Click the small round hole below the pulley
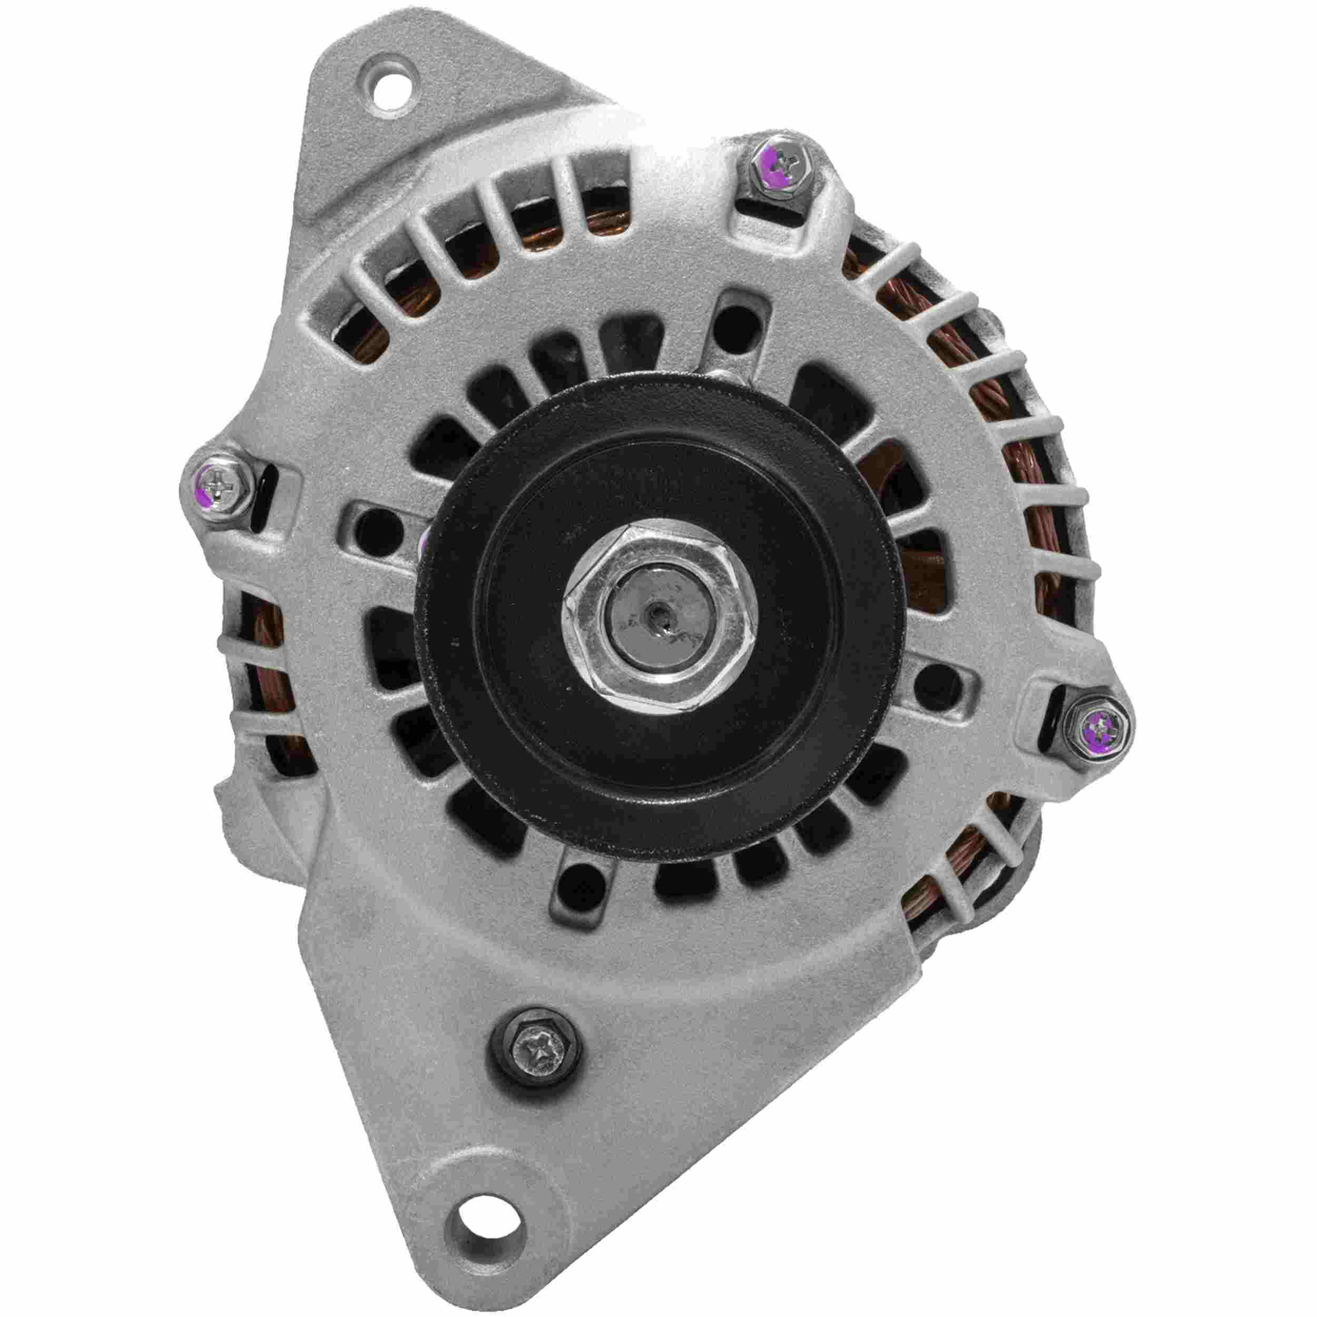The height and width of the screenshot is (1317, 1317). tap(571, 887)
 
